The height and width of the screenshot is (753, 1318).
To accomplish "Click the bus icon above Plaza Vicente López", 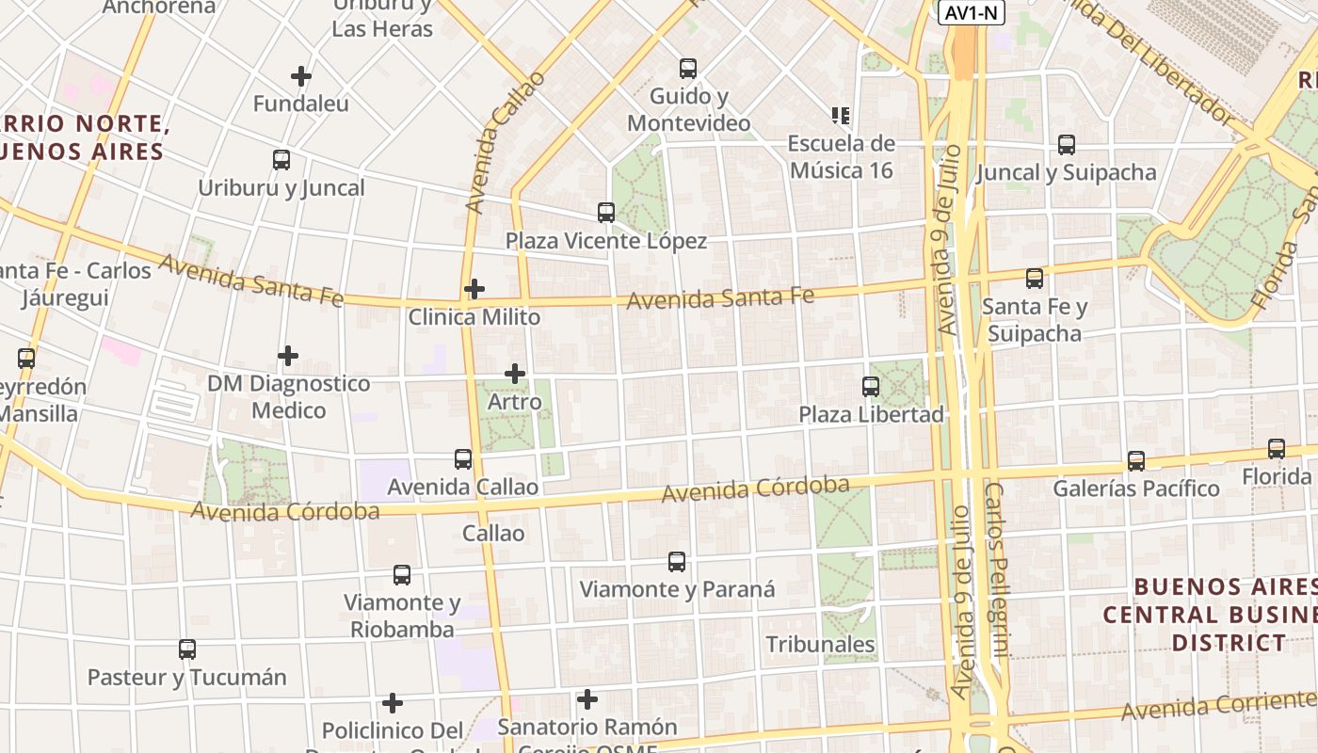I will [x=606, y=213].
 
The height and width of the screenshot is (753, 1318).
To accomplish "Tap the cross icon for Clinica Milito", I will [x=474, y=288].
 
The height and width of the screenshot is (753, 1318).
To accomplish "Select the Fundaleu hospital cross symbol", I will [x=301, y=76].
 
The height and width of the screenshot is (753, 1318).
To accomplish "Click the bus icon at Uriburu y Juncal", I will [x=281, y=160].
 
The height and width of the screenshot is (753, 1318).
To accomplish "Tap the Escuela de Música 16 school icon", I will [x=841, y=116].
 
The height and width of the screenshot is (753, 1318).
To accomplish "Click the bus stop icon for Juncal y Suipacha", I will [x=1067, y=145].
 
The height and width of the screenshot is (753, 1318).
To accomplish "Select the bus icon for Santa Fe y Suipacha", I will [x=1035, y=279].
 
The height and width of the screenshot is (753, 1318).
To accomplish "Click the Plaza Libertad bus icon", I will [x=871, y=387].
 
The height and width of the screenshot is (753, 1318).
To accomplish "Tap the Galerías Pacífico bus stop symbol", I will [x=1136, y=461].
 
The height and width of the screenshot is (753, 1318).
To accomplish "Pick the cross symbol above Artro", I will [x=515, y=374].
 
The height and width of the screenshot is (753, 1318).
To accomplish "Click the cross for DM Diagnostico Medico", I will [x=288, y=356].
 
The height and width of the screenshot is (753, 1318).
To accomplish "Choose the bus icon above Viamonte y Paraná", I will [x=677, y=562].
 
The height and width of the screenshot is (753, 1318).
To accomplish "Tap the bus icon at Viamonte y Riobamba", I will [x=402, y=575].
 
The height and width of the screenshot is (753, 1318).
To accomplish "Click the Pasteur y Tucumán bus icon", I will [x=187, y=649].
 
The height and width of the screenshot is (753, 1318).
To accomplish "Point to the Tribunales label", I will [x=821, y=645].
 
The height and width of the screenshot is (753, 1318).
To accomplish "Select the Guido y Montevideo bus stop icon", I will [x=688, y=69].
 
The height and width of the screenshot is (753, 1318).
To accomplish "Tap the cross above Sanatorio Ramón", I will [x=587, y=699].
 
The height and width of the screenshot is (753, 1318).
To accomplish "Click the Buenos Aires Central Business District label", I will [x=1210, y=615].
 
